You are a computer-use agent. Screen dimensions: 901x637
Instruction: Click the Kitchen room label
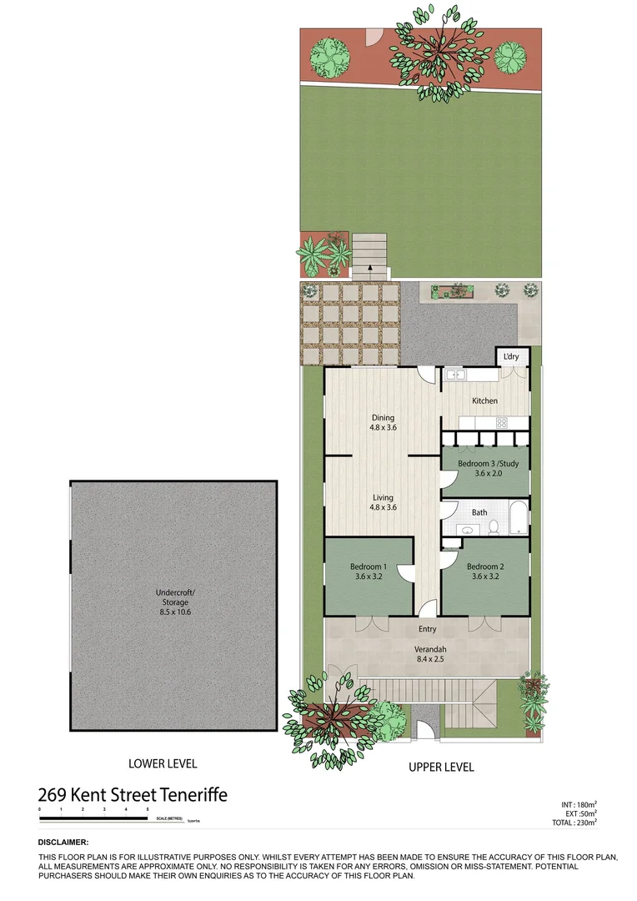pos(484,401)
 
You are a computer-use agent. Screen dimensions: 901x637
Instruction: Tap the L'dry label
pos(510,357)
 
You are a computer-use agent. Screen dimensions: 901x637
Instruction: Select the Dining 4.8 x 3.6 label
pos(382,423)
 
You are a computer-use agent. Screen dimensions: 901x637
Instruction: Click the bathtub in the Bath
pos(517,518)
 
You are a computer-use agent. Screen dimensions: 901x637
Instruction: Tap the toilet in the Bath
pos(493,526)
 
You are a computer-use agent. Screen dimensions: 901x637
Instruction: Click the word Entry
pos(427,630)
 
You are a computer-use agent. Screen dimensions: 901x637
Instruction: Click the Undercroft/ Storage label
pos(173,602)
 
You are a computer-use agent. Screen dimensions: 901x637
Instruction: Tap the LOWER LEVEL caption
pos(163,763)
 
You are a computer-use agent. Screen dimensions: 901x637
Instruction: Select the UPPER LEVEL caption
pos(441,767)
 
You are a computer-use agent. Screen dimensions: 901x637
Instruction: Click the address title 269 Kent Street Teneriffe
pos(133,795)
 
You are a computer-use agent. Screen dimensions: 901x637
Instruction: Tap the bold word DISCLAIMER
pos(63,843)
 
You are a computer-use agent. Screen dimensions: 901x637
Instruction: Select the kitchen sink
pos(455,376)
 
